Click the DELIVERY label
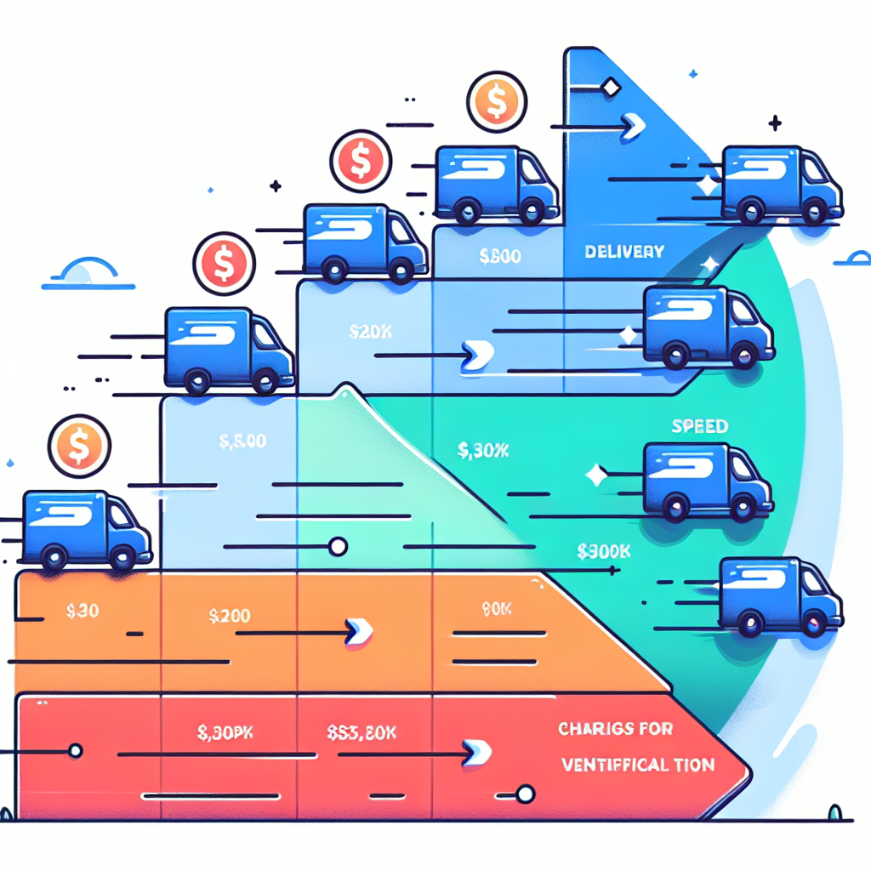click(x=623, y=252)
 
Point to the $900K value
click(x=604, y=551)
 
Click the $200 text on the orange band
click(x=230, y=616)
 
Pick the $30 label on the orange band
click(x=82, y=610)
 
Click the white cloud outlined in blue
click(x=84, y=272)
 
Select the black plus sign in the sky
click(x=774, y=124)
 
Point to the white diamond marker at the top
click(x=609, y=87)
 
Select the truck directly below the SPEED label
click(x=708, y=480)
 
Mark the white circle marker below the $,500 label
click(x=338, y=546)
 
